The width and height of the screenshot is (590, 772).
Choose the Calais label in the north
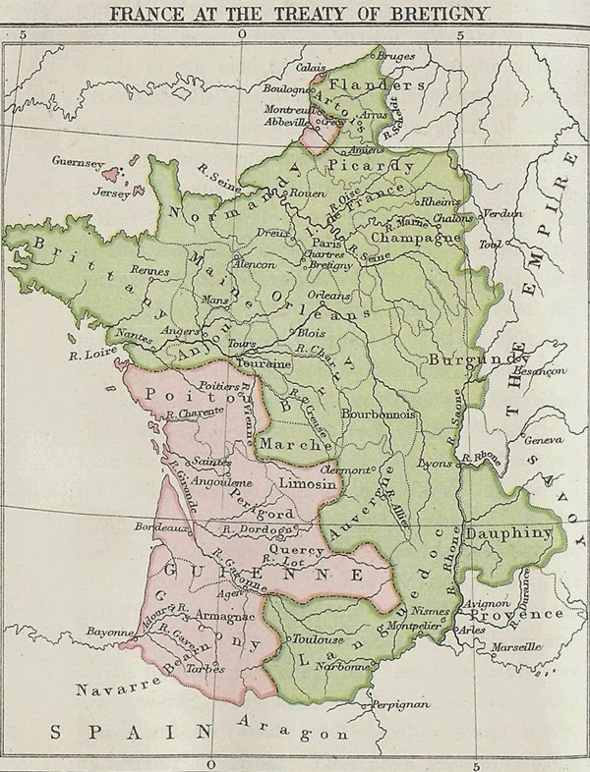click(x=311, y=67)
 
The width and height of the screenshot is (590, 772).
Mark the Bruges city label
click(x=396, y=57)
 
